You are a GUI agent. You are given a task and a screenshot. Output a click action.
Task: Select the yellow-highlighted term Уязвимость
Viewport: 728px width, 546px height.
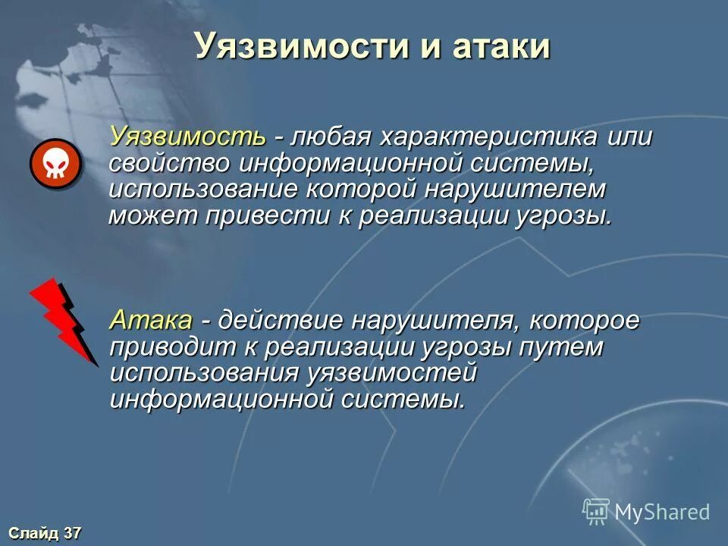coord(188,137)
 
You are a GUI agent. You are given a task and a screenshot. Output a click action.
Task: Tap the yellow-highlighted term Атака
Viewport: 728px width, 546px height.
coord(152,320)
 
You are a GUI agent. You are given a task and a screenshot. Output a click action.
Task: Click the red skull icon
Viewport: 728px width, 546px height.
coord(55,164)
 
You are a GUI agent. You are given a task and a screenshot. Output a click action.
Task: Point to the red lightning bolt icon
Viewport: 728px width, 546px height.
coord(64,321)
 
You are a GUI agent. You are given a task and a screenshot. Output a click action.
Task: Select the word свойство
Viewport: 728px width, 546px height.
coord(171,163)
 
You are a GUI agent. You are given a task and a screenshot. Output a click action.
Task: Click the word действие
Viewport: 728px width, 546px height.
coord(281,320)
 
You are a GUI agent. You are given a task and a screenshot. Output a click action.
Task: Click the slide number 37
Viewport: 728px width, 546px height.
coord(71,533)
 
